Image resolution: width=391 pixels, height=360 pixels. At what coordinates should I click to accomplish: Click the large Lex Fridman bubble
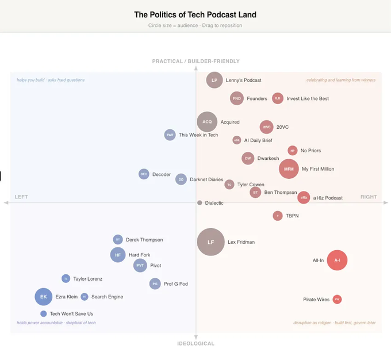pyautogui.click(x=210, y=242)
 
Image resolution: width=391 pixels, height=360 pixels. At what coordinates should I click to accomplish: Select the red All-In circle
pyautogui.click(x=337, y=261)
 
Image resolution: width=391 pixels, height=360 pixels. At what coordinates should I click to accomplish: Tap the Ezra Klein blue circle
pyautogui.click(x=43, y=297)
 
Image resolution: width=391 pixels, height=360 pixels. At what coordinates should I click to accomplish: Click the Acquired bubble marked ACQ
pyautogui.click(x=207, y=122)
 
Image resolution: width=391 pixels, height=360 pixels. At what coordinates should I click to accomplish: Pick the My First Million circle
pyautogui.click(x=289, y=169)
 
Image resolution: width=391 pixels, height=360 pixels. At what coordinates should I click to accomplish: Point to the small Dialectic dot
pyautogui.click(x=200, y=203)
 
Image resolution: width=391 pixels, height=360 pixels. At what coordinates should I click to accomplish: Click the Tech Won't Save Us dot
pyautogui.click(x=43, y=314)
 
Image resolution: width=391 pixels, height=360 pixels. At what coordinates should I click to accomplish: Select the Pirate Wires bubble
pyautogui.click(x=337, y=300)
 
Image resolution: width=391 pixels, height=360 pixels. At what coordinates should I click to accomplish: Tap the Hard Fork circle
pyautogui.click(x=118, y=255)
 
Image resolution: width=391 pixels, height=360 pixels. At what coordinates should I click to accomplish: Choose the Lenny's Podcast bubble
pyautogui.click(x=214, y=81)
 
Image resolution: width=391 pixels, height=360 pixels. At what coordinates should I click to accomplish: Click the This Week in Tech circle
pyautogui.click(x=170, y=135)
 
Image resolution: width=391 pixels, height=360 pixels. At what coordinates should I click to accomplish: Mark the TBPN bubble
pyautogui.click(x=278, y=216)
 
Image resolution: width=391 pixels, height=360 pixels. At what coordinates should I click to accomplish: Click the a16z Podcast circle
pyautogui.click(x=304, y=198)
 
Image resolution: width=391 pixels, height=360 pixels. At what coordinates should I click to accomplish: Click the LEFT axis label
pyautogui.click(x=21, y=197)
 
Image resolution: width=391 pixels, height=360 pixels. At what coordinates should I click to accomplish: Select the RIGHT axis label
pyautogui.click(x=369, y=197)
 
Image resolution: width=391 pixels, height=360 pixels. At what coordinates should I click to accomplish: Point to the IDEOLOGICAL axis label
pyautogui.click(x=195, y=344)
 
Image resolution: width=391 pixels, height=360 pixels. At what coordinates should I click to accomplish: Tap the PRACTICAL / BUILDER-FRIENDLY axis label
pyautogui.click(x=195, y=62)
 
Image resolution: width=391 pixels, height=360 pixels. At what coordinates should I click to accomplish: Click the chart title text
pyautogui.click(x=195, y=14)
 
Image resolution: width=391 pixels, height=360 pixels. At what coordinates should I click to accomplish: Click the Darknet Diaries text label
pyautogui.click(x=206, y=179)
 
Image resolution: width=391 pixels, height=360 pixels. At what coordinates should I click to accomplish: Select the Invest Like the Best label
pyautogui.click(x=308, y=98)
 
